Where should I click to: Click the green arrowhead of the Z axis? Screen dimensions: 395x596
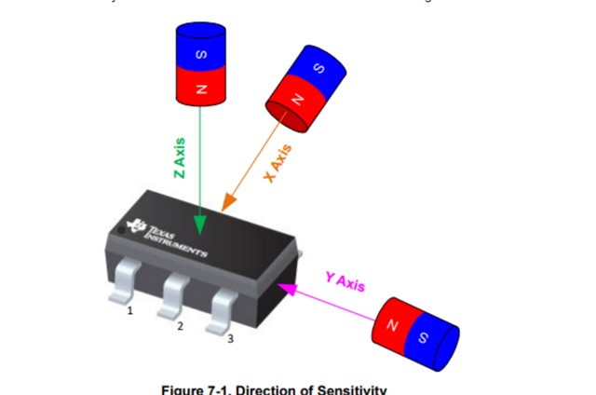pyautogui.click(x=199, y=225)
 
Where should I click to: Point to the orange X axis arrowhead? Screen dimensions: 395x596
pyautogui.click(x=224, y=203)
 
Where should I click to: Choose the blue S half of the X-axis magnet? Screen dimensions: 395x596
pyautogui.click(x=322, y=66)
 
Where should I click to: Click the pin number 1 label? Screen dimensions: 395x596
pyautogui.click(x=131, y=309)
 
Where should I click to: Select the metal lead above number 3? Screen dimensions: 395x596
pyautogui.click(x=223, y=309)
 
